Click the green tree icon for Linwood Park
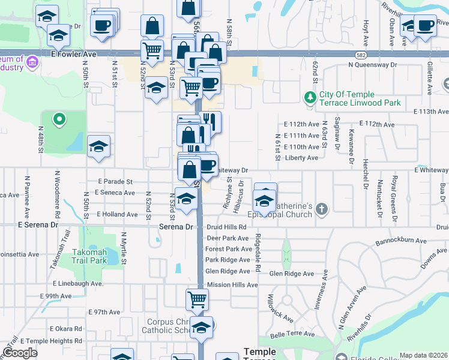[x=310, y=97]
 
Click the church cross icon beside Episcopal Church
[x=322, y=209]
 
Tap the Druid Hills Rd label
[x=226, y=227]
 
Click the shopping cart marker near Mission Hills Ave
[x=197, y=299]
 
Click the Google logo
[x=20, y=353]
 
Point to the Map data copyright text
[x=423, y=355]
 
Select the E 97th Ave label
[x=104, y=312]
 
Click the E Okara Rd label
[x=65, y=328]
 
